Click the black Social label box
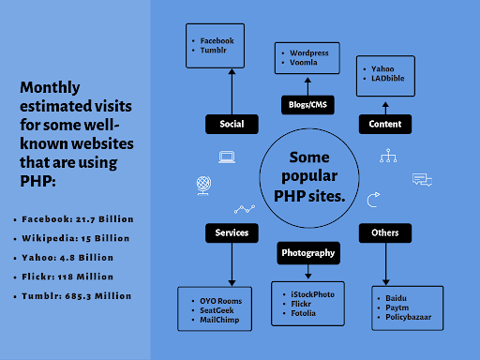pyautogui.click(x=232, y=124)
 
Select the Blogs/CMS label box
pyautogui.click(x=307, y=105)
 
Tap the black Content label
pyautogui.click(x=384, y=124)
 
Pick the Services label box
pyautogui.click(x=232, y=232)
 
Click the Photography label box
pyautogui.click(x=307, y=252)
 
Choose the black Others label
pyautogui.click(x=384, y=232)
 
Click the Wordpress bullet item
pyautogui.click(x=308, y=53)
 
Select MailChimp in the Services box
pyautogui.click(x=220, y=320)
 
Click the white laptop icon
pyautogui.click(x=227, y=157)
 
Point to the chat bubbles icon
pyautogui.click(x=421, y=179)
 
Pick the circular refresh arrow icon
pyautogui.click(x=374, y=199)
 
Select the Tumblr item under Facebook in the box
pyautogui.click(x=213, y=51)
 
